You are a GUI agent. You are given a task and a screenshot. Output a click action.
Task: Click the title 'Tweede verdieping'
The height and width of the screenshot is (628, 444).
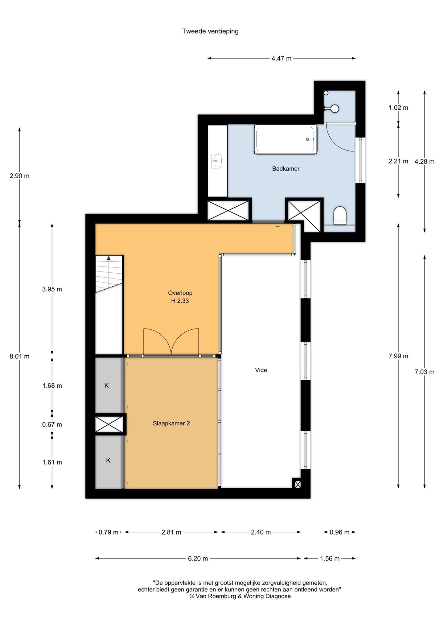click(x=210, y=31)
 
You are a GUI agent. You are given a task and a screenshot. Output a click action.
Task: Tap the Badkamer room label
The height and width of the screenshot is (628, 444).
click(x=286, y=169)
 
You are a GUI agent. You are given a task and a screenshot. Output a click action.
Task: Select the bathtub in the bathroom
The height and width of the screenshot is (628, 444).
click(x=286, y=139)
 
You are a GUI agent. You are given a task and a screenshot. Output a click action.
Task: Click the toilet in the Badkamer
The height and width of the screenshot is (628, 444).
click(x=340, y=215)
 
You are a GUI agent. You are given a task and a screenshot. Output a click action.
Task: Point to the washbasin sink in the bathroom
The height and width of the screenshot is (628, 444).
click(x=217, y=161)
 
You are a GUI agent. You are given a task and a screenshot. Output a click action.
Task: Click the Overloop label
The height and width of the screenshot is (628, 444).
click(x=180, y=293)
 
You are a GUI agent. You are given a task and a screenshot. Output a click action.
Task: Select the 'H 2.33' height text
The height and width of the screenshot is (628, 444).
click(x=180, y=301)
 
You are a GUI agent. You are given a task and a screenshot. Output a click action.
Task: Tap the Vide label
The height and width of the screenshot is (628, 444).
click(x=261, y=370)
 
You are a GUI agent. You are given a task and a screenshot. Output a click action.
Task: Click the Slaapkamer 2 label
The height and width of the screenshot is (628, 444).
click(x=171, y=423)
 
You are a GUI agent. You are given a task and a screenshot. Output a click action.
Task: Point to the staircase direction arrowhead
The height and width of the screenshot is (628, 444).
click(x=109, y=258)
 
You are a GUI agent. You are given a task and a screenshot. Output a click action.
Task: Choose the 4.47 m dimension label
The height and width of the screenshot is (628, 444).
click(x=282, y=58)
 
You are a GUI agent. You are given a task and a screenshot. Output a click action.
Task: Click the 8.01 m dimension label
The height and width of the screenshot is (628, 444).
click(x=19, y=356)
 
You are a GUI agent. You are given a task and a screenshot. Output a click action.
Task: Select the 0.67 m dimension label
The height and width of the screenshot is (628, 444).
click(x=52, y=424)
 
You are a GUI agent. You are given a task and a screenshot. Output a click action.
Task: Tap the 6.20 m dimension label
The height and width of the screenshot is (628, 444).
click(x=198, y=558)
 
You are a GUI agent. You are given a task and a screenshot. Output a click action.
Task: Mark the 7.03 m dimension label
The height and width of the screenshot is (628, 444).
click(x=425, y=372)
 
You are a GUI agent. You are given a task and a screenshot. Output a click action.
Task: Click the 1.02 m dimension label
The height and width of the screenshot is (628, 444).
click(x=398, y=108)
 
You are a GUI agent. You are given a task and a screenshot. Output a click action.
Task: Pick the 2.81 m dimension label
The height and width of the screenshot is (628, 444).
click(x=171, y=532)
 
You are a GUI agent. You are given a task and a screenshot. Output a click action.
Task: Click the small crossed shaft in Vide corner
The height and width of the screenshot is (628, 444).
click(x=298, y=485)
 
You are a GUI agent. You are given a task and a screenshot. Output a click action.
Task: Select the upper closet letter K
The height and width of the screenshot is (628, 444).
click(x=106, y=386)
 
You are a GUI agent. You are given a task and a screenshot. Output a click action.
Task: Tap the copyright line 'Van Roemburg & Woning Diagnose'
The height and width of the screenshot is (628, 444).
click(x=240, y=596)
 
